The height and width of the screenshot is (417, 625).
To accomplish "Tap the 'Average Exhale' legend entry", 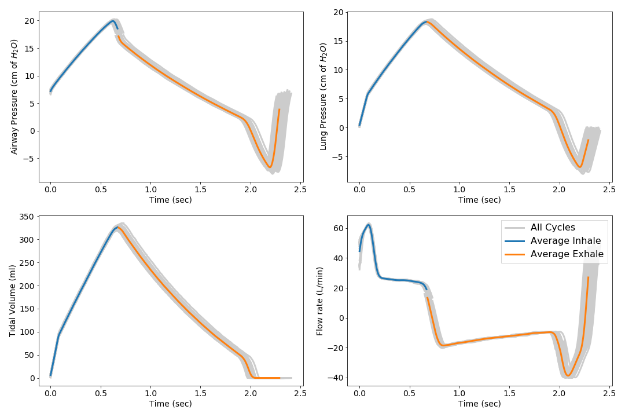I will tap(567, 254).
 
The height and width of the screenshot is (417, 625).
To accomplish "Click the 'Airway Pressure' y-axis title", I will tap(14, 97).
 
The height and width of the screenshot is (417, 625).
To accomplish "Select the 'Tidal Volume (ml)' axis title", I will tap(12, 301).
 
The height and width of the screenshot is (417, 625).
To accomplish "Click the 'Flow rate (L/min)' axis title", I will tap(319, 301).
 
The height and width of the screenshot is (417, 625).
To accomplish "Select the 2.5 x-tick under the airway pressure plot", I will tap(300, 189).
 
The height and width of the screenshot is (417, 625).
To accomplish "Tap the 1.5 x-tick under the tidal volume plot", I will tap(200, 394).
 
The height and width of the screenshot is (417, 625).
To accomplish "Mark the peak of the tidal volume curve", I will tap(117, 227).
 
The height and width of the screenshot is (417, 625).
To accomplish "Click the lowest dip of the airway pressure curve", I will tap(270, 167).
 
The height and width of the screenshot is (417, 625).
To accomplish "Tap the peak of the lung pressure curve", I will tap(427, 21).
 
